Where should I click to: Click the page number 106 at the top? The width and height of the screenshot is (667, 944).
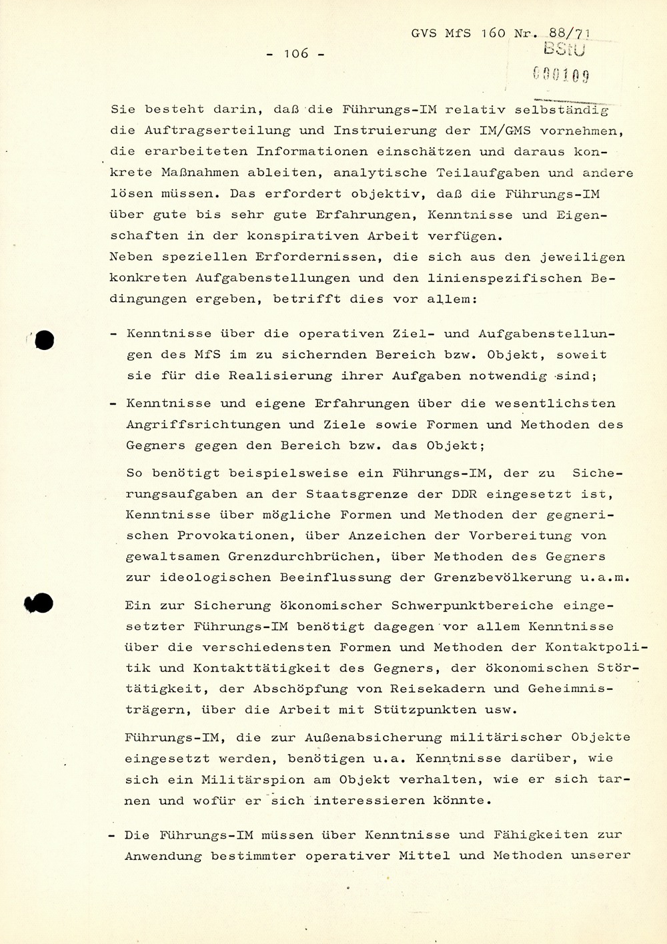click(x=295, y=53)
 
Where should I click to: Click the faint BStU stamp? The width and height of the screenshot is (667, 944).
click(x=565, y=49)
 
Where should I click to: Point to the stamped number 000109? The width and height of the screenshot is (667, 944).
click(x=562, y=75)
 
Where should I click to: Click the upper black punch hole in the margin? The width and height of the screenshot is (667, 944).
click(x=44, y=340)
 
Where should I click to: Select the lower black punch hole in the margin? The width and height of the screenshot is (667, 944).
click(x=40, y=603)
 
